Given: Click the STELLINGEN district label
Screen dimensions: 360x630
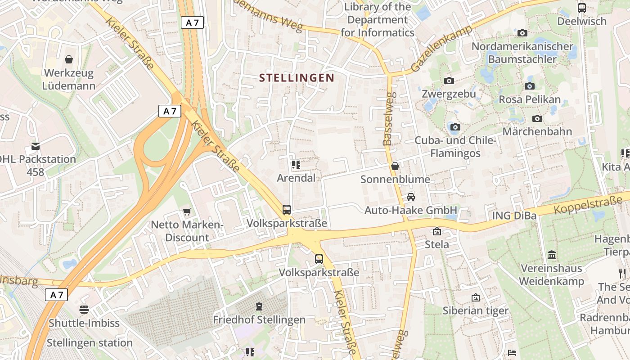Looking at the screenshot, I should (297, 78).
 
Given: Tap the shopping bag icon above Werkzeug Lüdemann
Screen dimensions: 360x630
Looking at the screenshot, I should (69, 59).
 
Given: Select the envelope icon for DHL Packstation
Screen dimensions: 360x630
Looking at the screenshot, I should (36, 146).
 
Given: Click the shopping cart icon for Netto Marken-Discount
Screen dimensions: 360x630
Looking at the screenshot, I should (187, 211).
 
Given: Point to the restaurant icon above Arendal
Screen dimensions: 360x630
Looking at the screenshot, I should (296, 165).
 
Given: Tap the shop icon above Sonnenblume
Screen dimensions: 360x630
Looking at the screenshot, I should (395, 166).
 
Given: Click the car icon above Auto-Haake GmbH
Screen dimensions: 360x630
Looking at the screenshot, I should (410, 197).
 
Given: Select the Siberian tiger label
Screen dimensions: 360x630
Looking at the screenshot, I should (475, 310).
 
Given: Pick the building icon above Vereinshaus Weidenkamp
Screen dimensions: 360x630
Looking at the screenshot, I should (552, 255).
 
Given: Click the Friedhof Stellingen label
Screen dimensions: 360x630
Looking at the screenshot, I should (259, 320).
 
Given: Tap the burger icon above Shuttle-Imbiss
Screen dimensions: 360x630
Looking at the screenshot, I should (84, 309).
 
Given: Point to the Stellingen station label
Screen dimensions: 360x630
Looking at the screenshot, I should (90, 342).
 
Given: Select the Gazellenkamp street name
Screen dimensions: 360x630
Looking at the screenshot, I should (441, 49).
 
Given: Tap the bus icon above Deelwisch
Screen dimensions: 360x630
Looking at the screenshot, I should (582, 8).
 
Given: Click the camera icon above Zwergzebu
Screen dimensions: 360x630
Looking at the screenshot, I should (449, 81).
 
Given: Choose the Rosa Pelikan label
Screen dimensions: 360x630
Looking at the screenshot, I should (530, 99).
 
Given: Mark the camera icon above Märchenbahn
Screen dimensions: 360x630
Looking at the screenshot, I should (537, 118).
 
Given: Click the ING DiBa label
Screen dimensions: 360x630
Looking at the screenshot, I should (514, 216).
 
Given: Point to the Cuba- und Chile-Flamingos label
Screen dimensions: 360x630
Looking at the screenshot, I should (455, 147).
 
